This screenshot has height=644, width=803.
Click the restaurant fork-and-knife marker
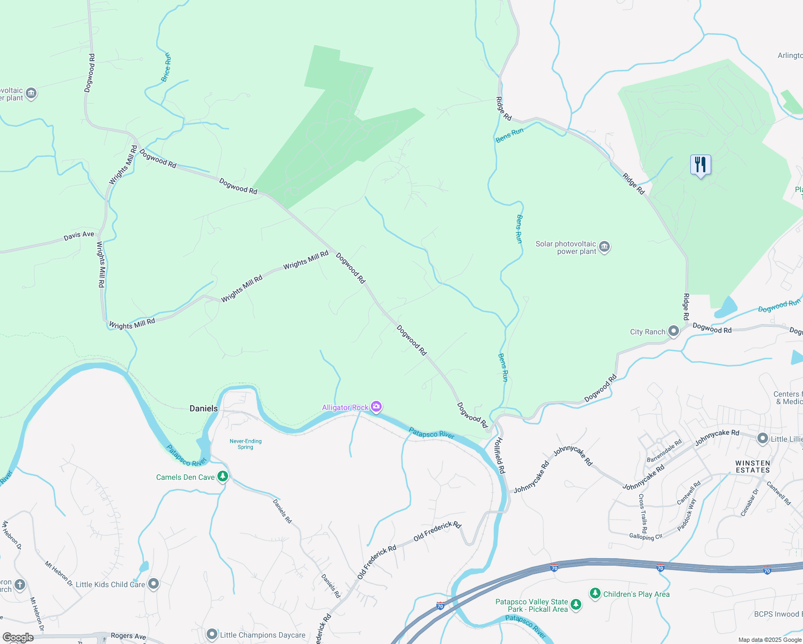(700, 165)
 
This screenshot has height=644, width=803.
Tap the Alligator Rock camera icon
(376, 407)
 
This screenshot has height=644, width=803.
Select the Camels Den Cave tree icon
(222, 477)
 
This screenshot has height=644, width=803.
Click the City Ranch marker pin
(673, 332)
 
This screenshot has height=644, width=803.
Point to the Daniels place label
(203, 408)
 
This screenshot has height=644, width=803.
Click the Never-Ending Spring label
(245, 444)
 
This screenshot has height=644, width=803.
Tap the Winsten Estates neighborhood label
(753, 466)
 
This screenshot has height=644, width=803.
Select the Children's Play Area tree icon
(595, 593)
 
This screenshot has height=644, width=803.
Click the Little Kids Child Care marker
(154, 584)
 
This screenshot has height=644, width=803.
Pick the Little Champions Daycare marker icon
(212, 635)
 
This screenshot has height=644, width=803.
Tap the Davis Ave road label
(79, 235)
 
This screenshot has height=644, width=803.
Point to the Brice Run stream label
(166, 67)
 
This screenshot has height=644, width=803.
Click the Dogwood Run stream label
(779, 306)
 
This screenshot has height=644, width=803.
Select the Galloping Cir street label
(646, 536)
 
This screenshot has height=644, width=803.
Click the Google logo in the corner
(18, 638)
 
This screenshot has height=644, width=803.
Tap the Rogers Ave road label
(128, 636)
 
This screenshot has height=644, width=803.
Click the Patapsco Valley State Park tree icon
(576, 605)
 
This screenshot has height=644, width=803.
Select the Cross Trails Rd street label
(643, 510)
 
